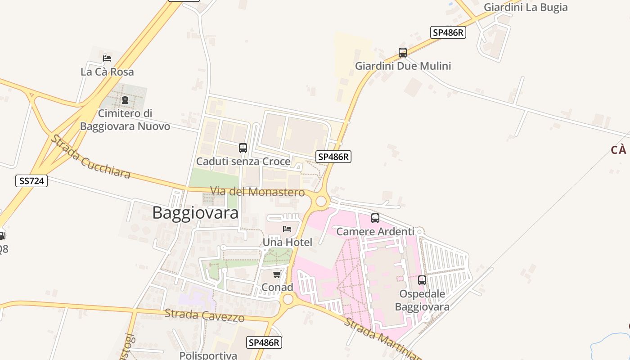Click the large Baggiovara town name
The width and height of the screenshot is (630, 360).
coord(195,213)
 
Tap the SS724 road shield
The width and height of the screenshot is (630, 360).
coord(31,181)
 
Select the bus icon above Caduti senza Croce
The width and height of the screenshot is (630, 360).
coord(243,148)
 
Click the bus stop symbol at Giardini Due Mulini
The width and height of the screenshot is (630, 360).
coord(403,53)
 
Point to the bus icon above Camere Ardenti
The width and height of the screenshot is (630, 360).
coord(375,218)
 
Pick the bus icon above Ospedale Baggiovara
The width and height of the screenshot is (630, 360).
coord(422,280)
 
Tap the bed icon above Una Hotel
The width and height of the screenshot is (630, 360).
coord(287,229)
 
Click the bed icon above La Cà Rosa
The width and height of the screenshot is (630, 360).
coord(107,58)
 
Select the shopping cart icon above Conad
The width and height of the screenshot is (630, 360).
coord(277,274)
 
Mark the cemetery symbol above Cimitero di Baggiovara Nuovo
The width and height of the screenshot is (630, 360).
coord(125,99)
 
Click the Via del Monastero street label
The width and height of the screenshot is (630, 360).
coord(258,192)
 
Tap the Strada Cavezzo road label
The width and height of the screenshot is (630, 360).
coord(204,315)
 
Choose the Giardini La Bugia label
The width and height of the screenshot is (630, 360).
coord(525,7)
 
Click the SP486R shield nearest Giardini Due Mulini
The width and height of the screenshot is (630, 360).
coord(447,32)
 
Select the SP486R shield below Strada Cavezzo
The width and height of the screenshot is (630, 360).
coord(265,342)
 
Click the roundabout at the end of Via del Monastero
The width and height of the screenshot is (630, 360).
coord(321,201)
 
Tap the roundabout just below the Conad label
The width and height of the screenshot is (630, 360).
coord(288,299)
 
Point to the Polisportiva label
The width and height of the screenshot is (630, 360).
coord(208,355)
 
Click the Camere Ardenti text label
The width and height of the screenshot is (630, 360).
coord(375,232)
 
